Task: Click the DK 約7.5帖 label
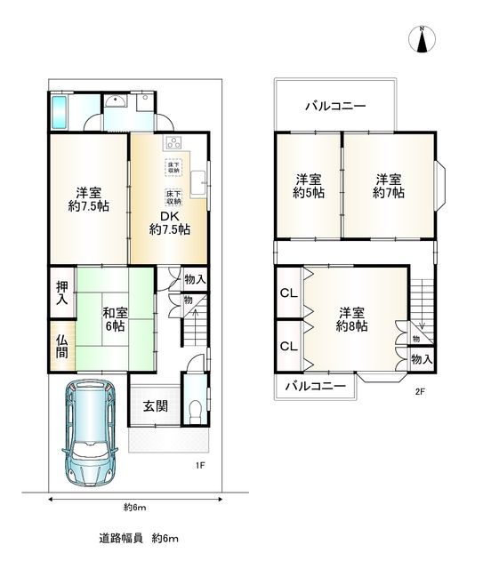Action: (x=169, y=220)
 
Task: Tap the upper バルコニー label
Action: (x=334, y=106)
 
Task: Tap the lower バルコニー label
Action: (x=316, y=387)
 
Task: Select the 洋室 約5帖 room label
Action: (x=310, y=184)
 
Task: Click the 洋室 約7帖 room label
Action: (x=389, y=184)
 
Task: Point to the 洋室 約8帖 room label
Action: (x=352, y=319)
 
